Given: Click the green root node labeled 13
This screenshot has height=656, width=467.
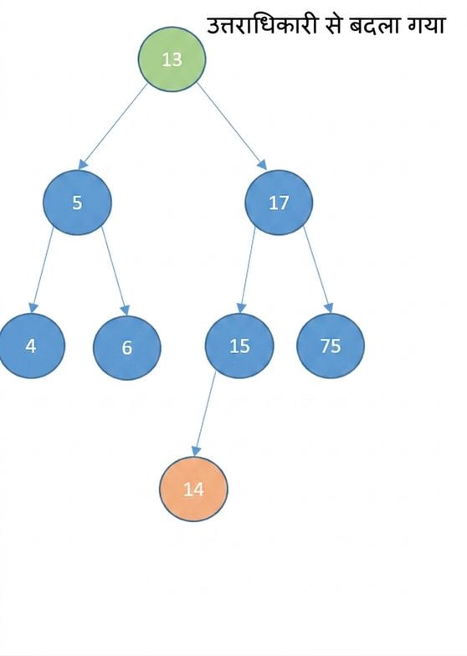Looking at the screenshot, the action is tap(172, 59).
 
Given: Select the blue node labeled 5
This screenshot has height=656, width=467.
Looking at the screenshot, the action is tap(77, 202).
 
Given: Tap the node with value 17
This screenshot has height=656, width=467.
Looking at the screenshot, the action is tap(279, 202).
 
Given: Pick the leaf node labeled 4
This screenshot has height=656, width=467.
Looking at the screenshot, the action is tap(31, 346).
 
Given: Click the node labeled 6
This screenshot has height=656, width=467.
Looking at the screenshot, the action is tap(127, 347).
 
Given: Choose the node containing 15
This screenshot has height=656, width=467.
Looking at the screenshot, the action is tap(239, 346).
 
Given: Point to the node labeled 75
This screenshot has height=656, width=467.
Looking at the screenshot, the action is tap(331, 346).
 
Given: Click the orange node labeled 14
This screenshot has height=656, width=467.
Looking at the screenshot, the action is tap(193, 489).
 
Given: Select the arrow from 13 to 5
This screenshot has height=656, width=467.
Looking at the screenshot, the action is tap(113, 126).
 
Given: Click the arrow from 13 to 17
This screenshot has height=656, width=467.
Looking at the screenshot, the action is tap(232, 126).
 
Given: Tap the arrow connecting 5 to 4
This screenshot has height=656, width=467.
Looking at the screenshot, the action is tap(42, 270).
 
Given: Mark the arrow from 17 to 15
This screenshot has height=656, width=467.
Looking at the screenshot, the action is tap(246, 270).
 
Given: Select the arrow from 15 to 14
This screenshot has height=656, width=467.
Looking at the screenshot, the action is tap(206, 413).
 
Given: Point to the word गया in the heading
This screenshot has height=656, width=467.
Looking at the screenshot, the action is tap(423, 26).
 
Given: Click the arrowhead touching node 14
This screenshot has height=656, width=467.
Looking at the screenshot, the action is tap(196, 452).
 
